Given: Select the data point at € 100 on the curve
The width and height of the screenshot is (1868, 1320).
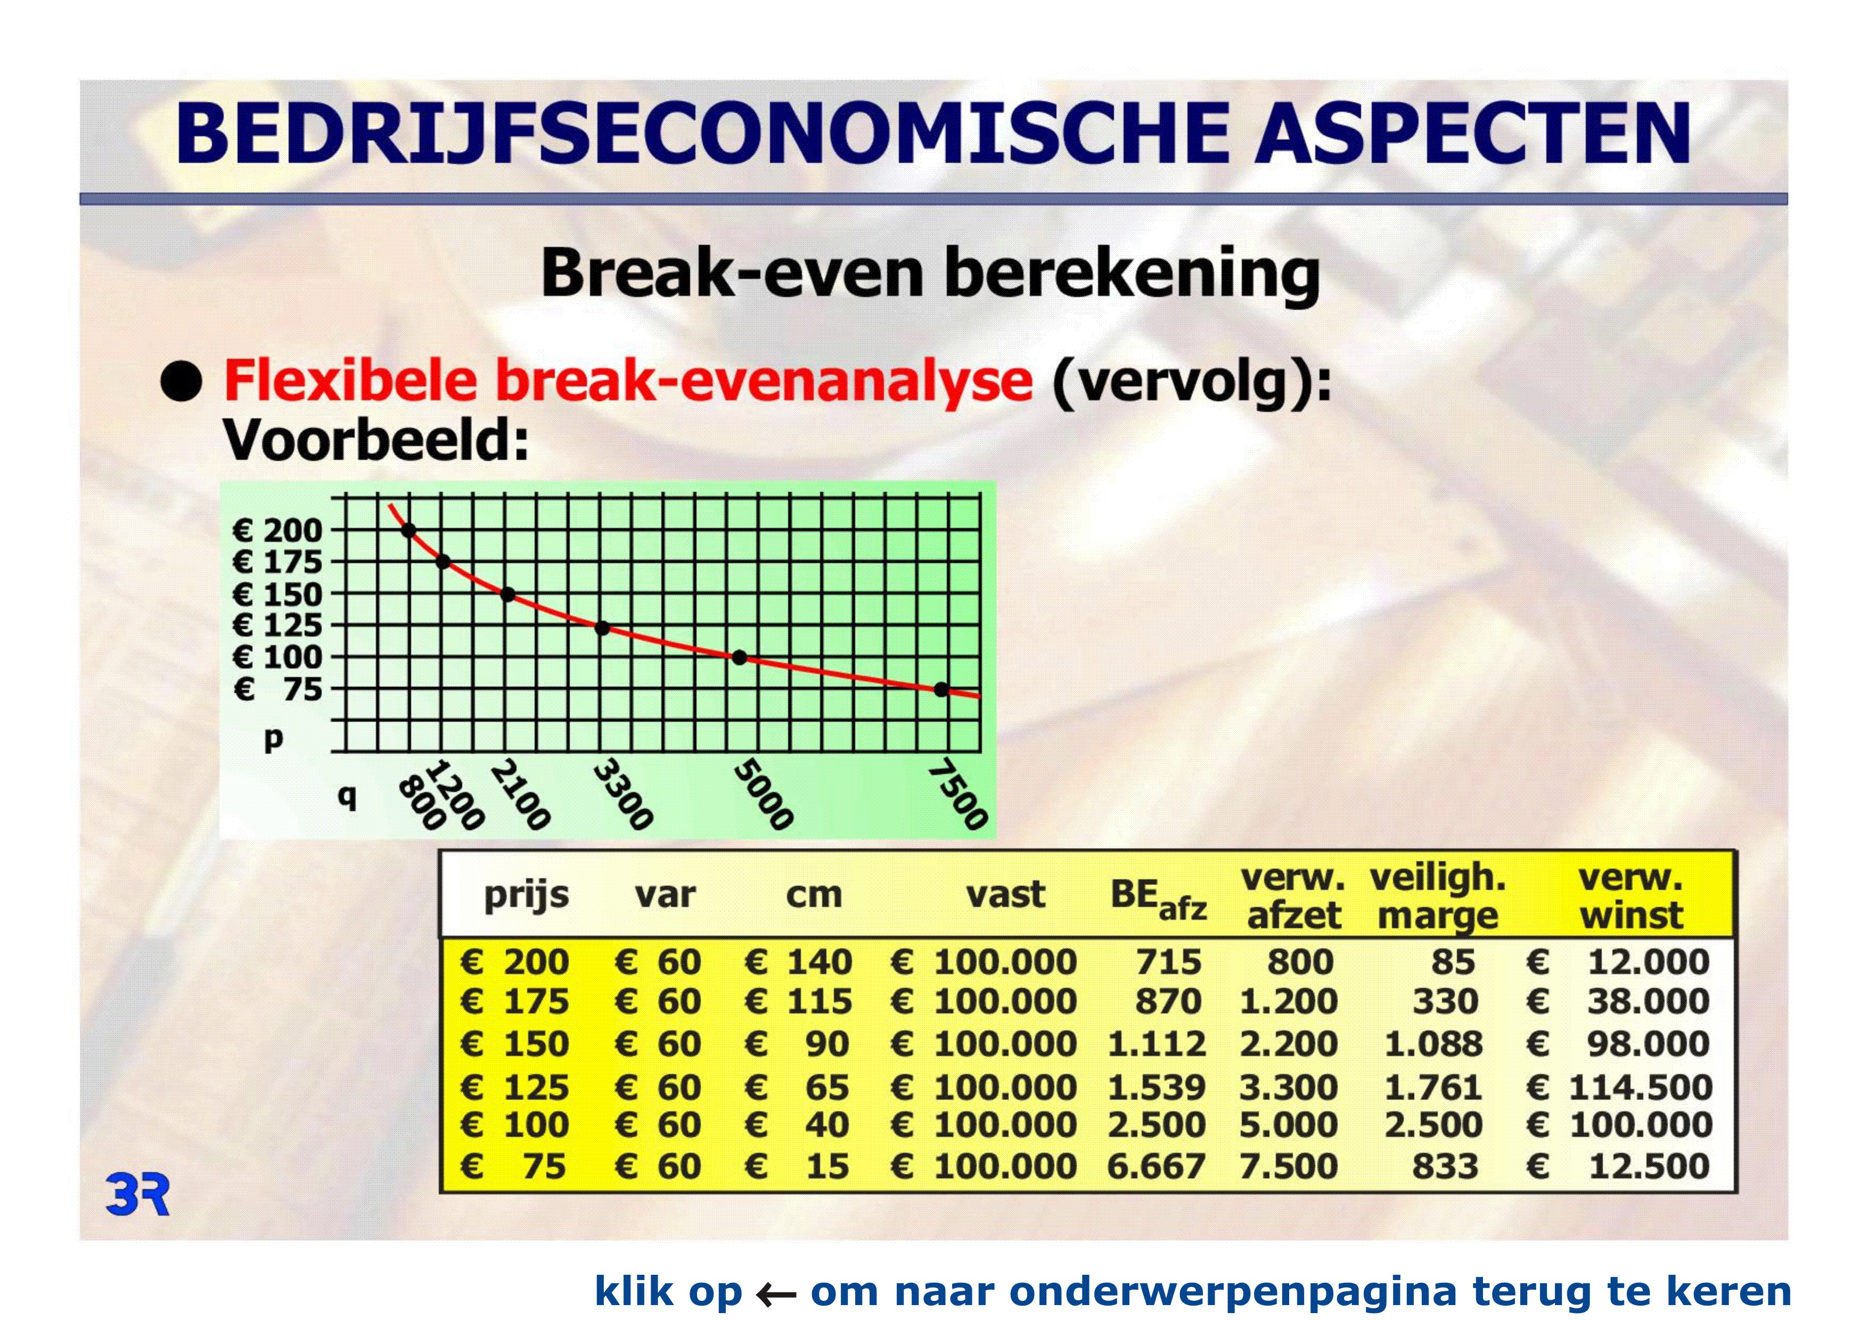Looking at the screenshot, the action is (739, 657).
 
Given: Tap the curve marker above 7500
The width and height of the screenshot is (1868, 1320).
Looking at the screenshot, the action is (941, 690).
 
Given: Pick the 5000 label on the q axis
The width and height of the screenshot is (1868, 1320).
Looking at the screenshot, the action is (763, 795).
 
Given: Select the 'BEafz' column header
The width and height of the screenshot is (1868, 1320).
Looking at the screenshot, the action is (1159, 898).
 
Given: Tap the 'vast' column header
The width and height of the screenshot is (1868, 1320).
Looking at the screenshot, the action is (1005, 895).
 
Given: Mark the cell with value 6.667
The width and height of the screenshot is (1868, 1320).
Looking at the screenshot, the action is (1156, 1166).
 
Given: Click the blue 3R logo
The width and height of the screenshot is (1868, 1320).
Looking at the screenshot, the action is (137, 1195).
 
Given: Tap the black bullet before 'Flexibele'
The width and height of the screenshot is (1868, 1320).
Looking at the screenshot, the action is (181, 382).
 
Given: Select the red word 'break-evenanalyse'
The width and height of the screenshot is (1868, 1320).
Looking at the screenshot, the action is (764, 382).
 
